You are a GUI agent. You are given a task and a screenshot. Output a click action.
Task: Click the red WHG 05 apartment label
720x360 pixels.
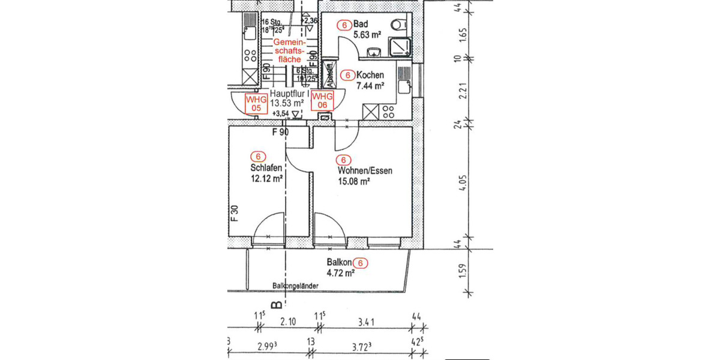255,103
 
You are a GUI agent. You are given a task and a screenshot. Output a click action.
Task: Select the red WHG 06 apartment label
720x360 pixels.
322,101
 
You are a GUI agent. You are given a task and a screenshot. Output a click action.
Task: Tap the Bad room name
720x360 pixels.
360,25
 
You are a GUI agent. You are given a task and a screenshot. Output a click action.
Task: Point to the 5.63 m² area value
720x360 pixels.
368,35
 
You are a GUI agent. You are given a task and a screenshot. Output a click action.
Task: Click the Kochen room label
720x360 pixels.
370,76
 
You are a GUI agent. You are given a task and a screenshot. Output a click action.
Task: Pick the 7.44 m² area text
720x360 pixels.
370,86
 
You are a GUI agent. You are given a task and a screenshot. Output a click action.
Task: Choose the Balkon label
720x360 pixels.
338,262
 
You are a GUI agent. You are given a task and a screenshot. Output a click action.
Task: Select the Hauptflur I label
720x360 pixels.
289,94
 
